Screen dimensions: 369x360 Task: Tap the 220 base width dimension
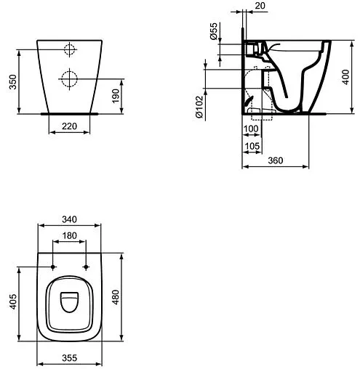click(x=69, y=125)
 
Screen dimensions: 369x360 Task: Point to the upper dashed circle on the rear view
click(x=69, y=49)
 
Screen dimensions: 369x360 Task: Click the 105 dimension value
click(x=252, y=146)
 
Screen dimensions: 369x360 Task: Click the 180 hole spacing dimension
click(x=70, y=235)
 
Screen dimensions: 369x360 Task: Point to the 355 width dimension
click(x=70, y=359)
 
